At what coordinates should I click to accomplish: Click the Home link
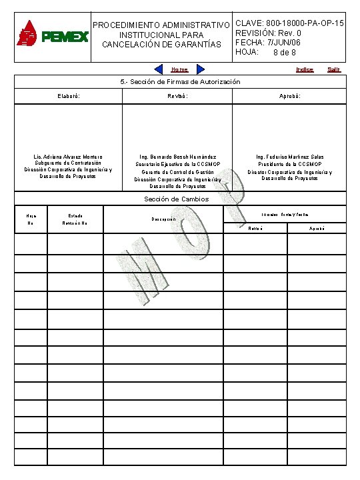(x=179, y=69)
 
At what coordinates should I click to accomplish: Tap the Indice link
(x=305, y=69)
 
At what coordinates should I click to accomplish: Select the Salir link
(x=334, y=69)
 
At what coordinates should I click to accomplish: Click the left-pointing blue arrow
(x=159, y=69)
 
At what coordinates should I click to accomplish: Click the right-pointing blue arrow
(x=200, y=69)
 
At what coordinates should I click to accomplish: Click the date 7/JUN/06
(x=286, y=43)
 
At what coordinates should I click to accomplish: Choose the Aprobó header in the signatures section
(x=290, y=96)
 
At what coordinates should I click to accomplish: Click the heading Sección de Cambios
(x=177, y=199)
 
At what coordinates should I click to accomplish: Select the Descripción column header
(x=163, y=219)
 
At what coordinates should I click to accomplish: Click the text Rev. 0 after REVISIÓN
(x=291, y=33)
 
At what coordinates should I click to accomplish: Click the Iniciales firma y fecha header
(x=285, y=214)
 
